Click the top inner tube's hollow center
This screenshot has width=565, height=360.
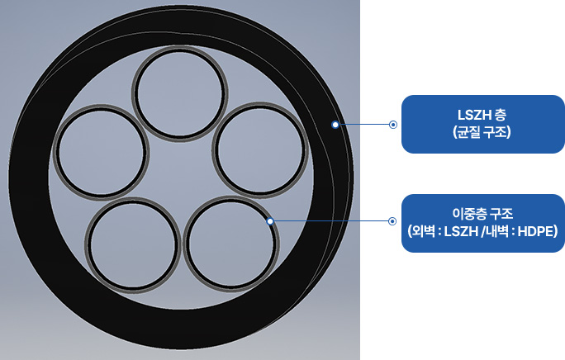pos(179,93)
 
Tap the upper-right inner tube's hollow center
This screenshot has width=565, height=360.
pos(260,150)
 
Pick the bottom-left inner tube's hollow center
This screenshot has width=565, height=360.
pos(133,245)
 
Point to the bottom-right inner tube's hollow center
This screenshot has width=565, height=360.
pos(230,244)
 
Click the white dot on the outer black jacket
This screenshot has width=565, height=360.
pos(335,125)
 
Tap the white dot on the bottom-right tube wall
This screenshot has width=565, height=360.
pos(270,221)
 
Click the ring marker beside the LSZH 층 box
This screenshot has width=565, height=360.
pos(393,125)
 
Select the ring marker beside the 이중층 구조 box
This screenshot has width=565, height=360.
pos(392,221)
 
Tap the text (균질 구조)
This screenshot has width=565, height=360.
pos(482,132)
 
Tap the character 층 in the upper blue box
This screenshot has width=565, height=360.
pos(501,115)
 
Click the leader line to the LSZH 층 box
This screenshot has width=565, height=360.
pos(364,125)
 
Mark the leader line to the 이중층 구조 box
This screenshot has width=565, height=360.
pos(330,221)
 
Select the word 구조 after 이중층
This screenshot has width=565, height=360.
pos(500,214)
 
